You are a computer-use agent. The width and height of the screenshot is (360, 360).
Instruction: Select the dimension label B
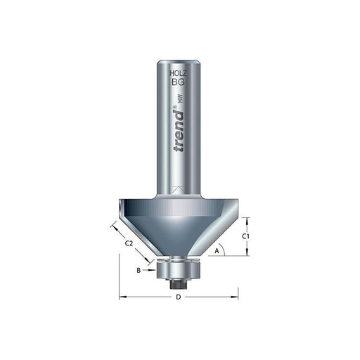(x=139, y=270)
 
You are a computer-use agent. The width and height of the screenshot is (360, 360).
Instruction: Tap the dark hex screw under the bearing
(x=179, y=281)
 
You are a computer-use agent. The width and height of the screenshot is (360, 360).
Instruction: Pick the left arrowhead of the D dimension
(x=124, y=296)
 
